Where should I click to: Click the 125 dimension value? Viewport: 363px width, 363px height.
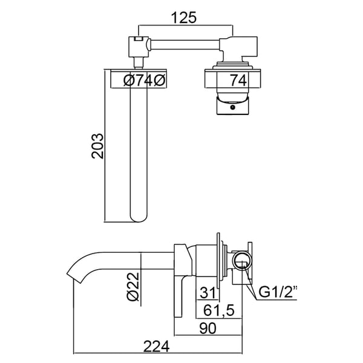pos(183,18)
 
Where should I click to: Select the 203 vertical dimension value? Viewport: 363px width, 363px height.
pos(97,146)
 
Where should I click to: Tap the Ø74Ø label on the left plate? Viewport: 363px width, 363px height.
pos(145,80)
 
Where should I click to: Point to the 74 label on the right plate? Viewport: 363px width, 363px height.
pos(238,80)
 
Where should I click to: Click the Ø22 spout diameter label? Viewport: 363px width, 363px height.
pos(133,286)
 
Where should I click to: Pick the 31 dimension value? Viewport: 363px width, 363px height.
pos(208,292)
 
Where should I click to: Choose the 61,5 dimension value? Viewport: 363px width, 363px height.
pos(219,310)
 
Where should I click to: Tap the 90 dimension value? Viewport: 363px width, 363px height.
pos(208,328)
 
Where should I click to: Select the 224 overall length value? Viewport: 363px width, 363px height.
pos(157,346)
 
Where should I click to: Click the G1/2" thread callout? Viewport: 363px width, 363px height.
pos(278,292)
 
